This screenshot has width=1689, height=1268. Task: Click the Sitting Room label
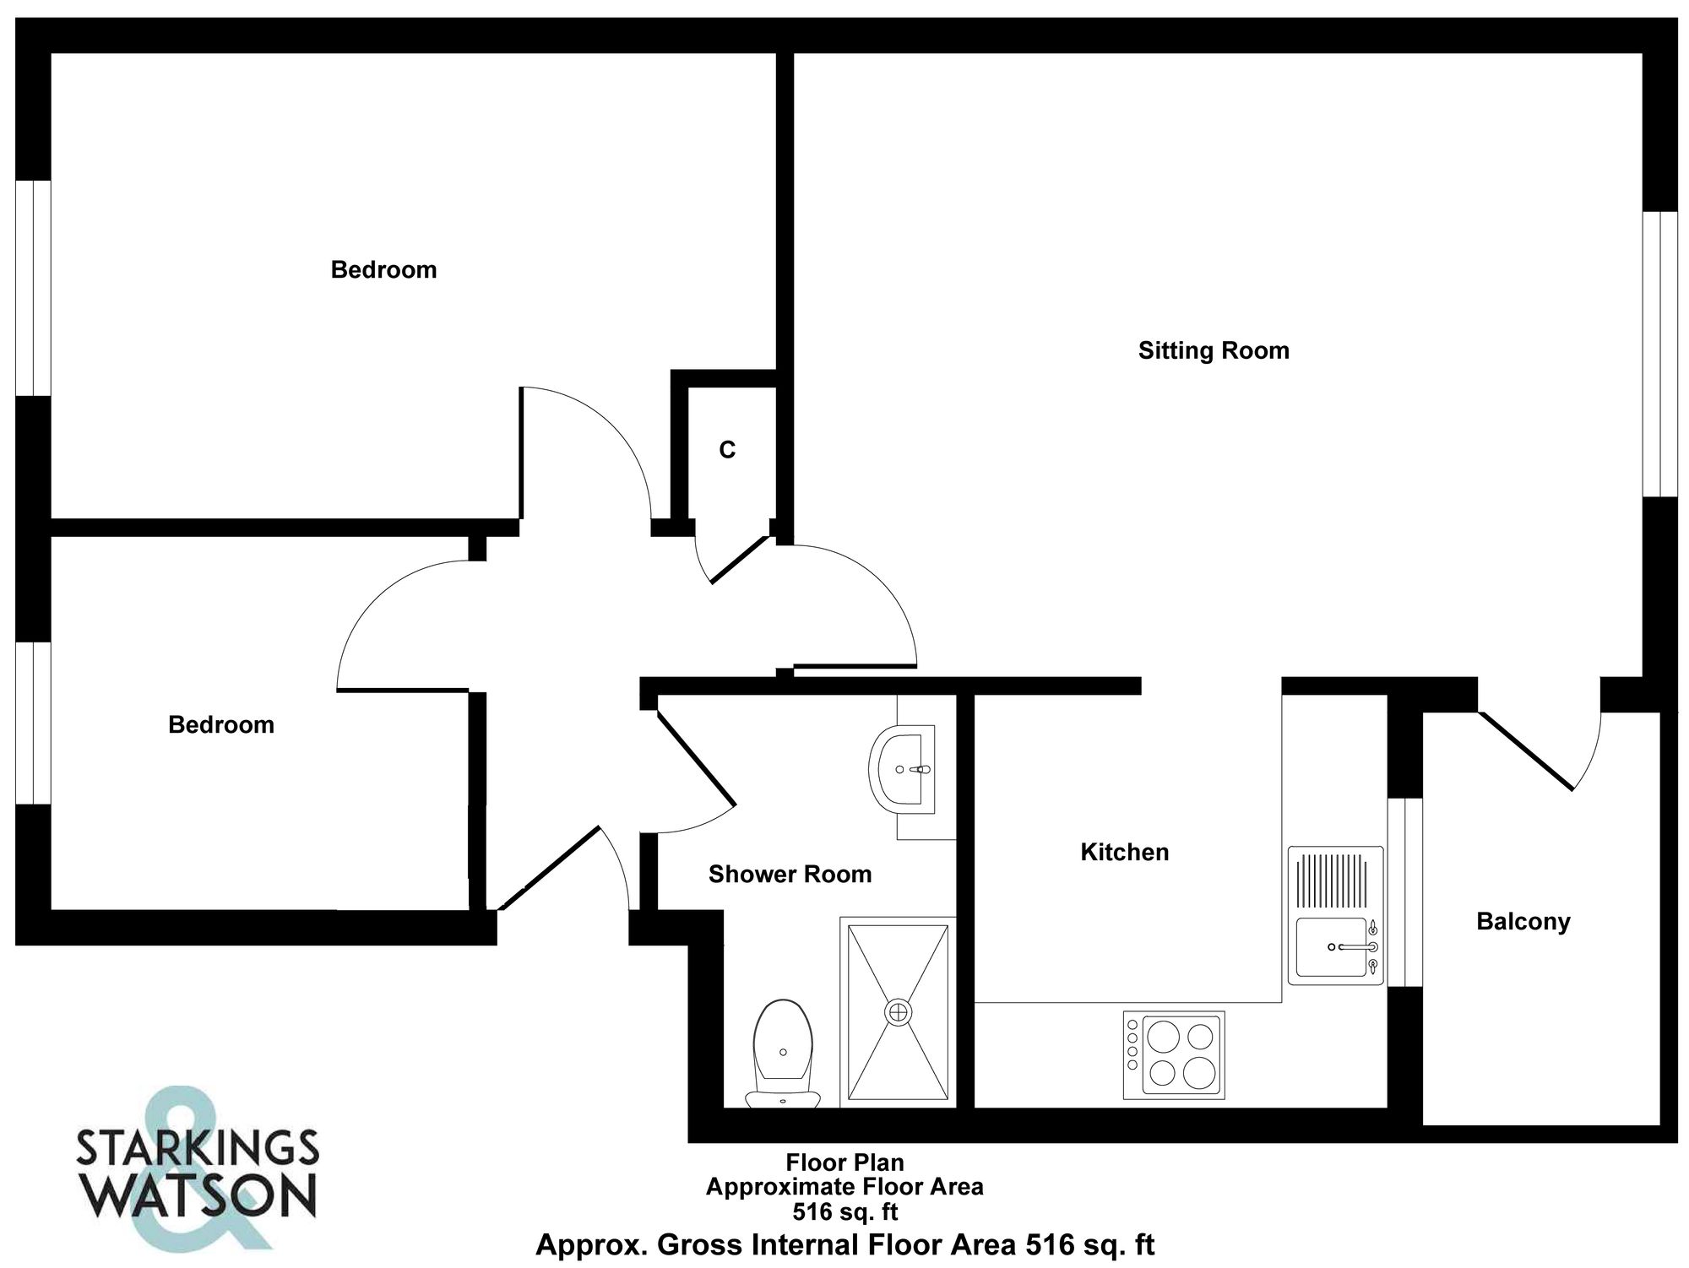click(1214, 350)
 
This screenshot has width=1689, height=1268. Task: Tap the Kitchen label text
click(1124, 852)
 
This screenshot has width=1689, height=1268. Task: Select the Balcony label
click(1523, 921)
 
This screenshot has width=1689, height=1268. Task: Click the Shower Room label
click(790, 874)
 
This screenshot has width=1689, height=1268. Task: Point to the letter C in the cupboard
click(727, 450)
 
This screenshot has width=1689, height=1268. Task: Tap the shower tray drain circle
click(898, 1011)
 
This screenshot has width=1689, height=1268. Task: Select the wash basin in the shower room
click(902, 769)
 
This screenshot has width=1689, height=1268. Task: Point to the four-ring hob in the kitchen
click(1174, 1055)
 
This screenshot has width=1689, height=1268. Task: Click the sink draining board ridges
click(1335, 881)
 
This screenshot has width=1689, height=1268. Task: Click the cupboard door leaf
click(739, 559)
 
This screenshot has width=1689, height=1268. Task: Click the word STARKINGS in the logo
click(198, 1148)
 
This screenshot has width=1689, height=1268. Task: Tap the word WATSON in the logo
click(203, 1194)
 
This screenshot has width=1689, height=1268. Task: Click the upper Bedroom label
click(383, 270)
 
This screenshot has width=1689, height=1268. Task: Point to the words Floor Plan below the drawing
click(844, 1162)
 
